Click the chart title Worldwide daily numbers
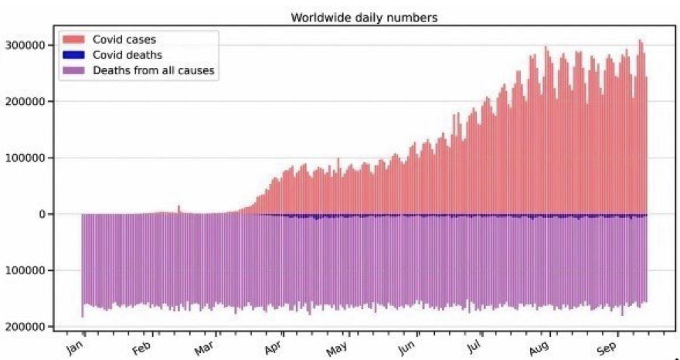(364, 17)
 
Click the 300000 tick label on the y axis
(23, 45)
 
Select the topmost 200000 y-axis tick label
(23, 101)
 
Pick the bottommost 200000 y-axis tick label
(23, 327)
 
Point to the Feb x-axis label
(141, 346)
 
